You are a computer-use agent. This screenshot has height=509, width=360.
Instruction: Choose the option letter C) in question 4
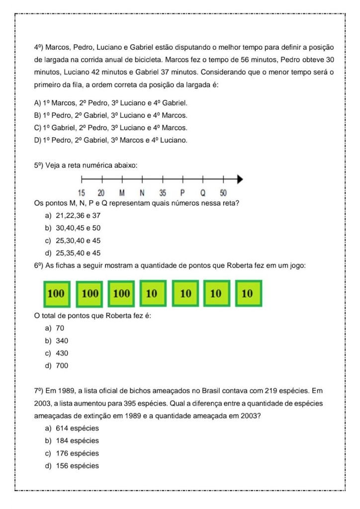[38, 128]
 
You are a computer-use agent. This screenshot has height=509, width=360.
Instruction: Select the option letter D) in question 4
[38, 140]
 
